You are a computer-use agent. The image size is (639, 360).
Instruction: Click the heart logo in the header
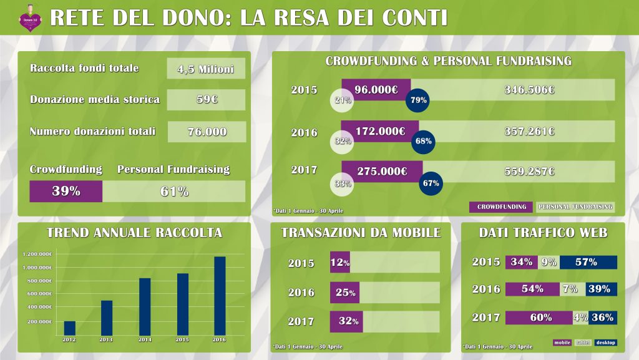tap(29, 17)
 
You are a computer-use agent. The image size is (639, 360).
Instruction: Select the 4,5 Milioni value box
tap(206, 69)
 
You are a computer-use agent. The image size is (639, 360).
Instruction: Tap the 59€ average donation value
tap(206, 100)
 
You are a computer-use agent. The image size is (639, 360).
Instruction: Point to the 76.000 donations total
tap(207, 132)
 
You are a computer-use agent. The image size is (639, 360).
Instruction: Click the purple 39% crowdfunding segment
tap(66, 192)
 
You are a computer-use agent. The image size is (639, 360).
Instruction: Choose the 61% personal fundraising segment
tap(174, 192)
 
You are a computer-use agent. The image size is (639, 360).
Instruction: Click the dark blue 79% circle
tap(417, 100)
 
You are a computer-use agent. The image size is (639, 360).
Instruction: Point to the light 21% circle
tap(342, 100)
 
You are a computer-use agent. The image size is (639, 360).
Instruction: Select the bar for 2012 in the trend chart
tap(69, 328)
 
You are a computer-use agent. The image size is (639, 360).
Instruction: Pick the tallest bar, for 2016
tap(220, 295)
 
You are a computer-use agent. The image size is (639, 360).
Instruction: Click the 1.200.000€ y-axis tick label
tap(37, 254)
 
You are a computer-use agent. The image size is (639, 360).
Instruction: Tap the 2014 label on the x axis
tap(144, 339)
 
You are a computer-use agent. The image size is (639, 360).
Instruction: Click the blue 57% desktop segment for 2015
tap(588, 262)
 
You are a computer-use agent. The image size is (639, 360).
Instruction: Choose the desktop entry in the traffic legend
tap(605, 343)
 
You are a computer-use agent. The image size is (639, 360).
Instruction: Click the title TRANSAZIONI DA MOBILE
tap(361, 233)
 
